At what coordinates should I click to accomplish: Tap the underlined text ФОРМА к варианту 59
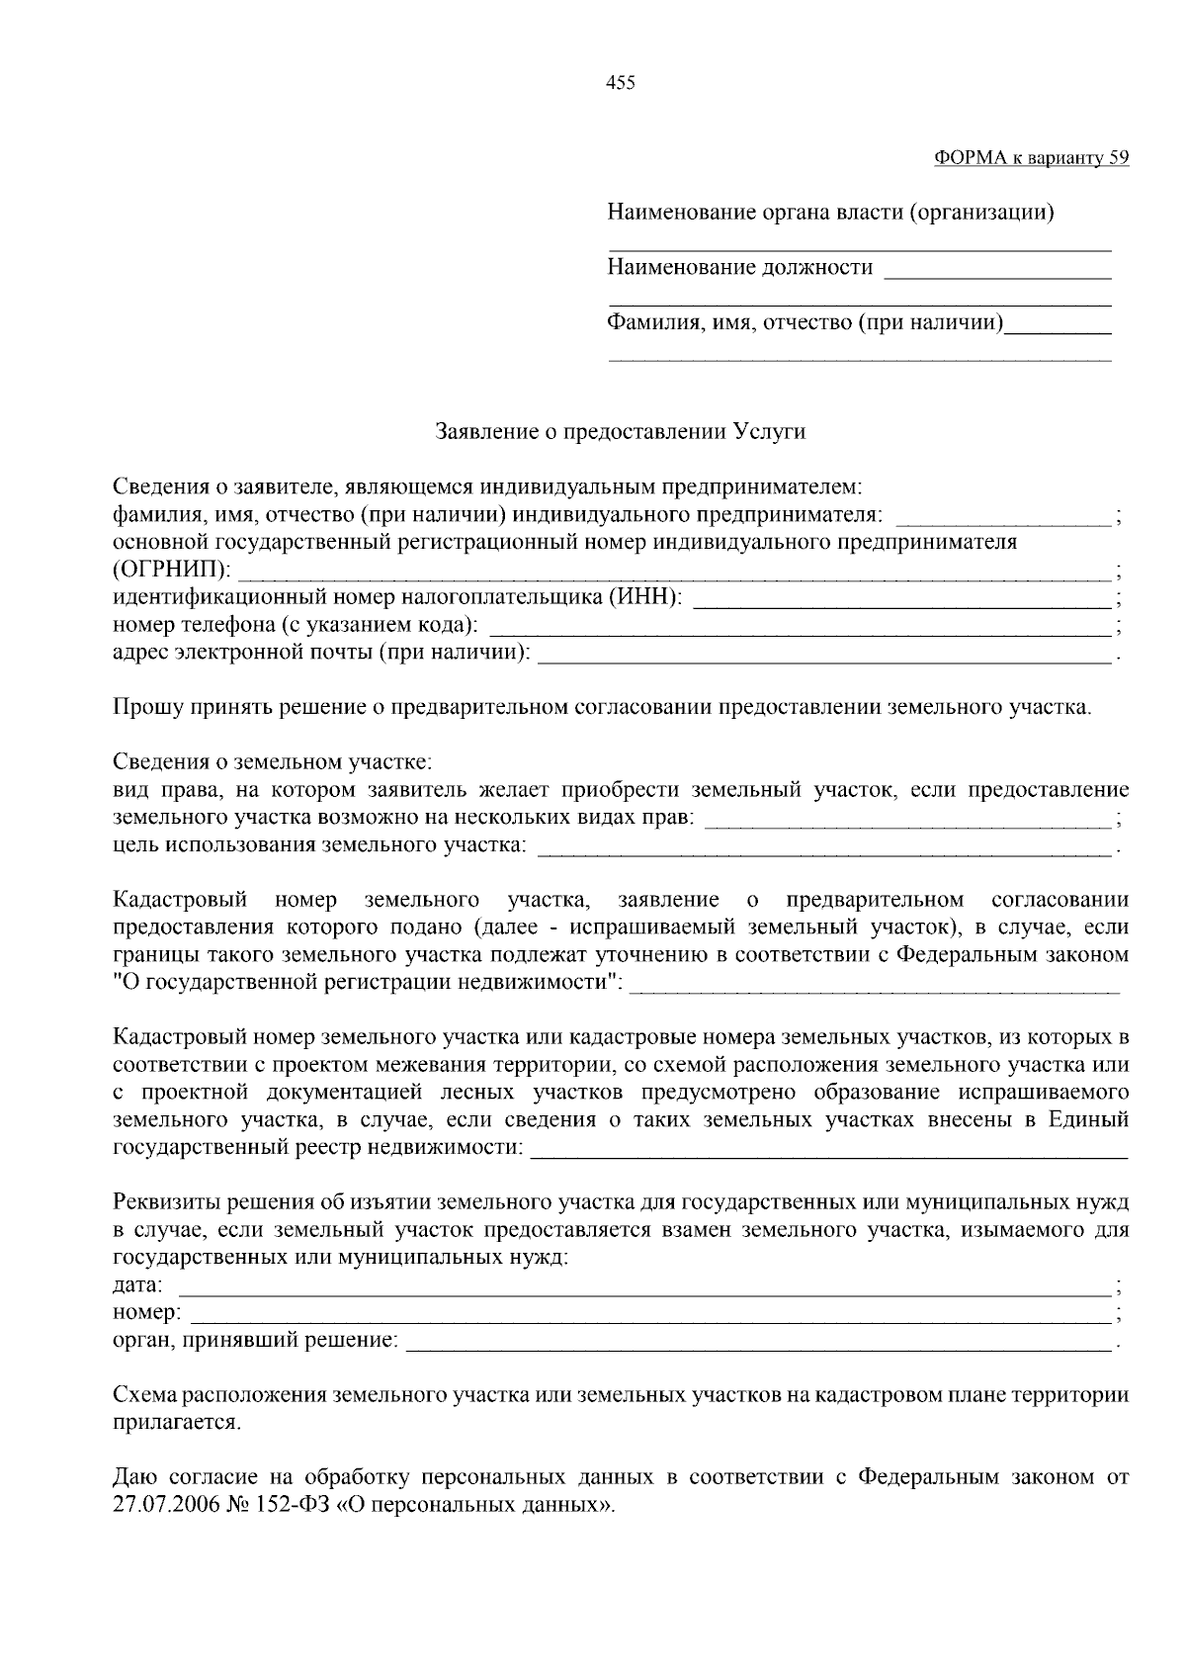(x=1031, y=158)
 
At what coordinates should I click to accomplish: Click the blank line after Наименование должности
(x=996, y=269)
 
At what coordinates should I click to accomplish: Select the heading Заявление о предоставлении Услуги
(x=621, y=432)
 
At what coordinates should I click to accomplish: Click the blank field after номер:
(x=648, y=1314)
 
